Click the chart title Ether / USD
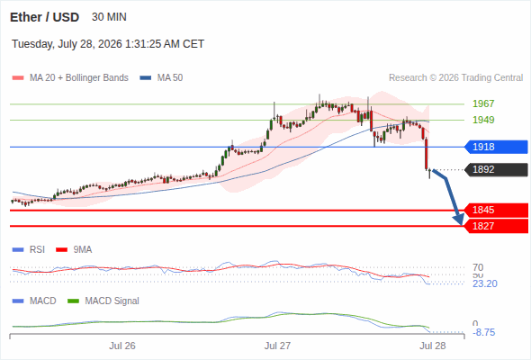coord(44,17)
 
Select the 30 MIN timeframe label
coord(109,17)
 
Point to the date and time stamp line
coord(108,44)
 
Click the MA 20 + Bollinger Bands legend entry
coord(70,78)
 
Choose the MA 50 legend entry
coord(161,78)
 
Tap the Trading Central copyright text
coord(455,78)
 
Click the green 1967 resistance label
coord(483,103)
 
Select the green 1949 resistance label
coord(483,120)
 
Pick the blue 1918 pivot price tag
coord(496,147)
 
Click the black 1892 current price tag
coord(496,169)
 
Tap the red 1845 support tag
coord(496,210)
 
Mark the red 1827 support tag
coord(496,226)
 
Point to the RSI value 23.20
coord(485,283)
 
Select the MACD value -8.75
coord(484,333)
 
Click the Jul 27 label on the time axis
coord(277,346)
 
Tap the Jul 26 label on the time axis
coord(122,346)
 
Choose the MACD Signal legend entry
coord(103,301)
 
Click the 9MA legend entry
coord(74,249)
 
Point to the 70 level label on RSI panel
coord(478,267)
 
